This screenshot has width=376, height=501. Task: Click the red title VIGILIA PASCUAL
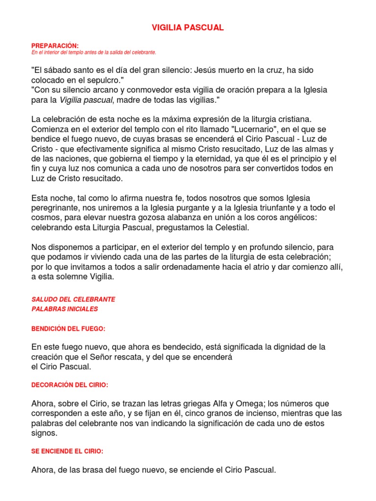pyautogui.click(x=188, y=28)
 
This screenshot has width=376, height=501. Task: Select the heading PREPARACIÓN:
pyautogui.click(x=51, y=46)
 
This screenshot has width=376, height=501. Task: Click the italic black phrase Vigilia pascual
pyautogui.click(x=86, y=100)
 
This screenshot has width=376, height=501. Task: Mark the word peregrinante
pyautogui.click(x=54, y=207)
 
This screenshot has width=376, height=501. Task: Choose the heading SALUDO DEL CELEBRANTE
pyautogui.click(x=73, y=299)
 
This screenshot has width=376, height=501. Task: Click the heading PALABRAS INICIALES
pyautogui.click(x=65, y=309)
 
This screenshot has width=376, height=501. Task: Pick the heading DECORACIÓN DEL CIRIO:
pyautogui.click(x=70, y=385)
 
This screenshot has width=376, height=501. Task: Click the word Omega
pyautogui.click(x=248, y=404)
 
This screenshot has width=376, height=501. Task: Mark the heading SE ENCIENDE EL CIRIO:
pyautogui.click(x=67, y=451)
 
